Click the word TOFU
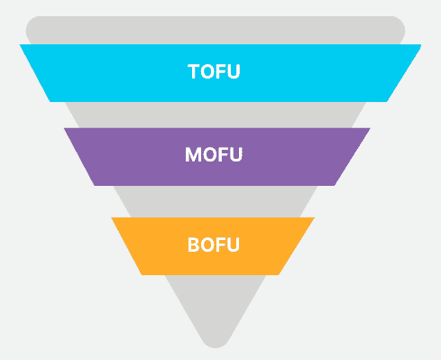click(214, 71)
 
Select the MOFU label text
click(214, 154)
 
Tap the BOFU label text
click(214, 245)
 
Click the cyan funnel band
click(220, 73)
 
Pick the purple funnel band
click(217, 157)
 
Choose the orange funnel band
click(213, 246)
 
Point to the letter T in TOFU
click(194, 71)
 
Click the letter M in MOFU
click(192, 154)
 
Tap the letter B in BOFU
click(194, 245)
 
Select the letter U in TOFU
click(234, 71)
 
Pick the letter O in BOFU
click(207, 245)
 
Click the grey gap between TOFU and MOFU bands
click(216, 115)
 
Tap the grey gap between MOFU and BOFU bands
click(216, 201)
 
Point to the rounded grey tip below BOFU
click(216, 309)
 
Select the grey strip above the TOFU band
click(216, 30)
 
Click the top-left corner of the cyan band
click(20, 44)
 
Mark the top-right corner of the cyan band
click(421, 44)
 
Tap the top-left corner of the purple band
click(64, 128)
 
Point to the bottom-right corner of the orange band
click(279, 274)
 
